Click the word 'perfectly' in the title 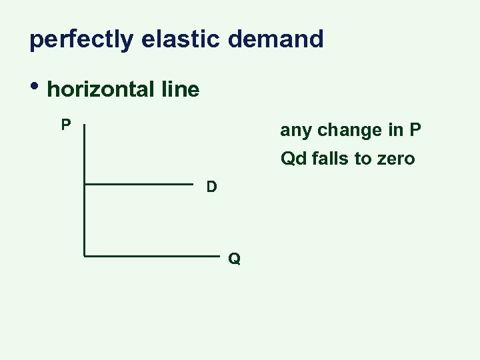click(x=81, y=39)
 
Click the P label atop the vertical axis click(x=66, y=125)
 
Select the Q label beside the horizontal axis click(x=234, y=259)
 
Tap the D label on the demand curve click(x=211, y=187)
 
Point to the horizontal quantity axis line click(x=153, y=255)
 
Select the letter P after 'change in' click(x=415, y=130)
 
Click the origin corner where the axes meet click(x=85, y=255)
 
